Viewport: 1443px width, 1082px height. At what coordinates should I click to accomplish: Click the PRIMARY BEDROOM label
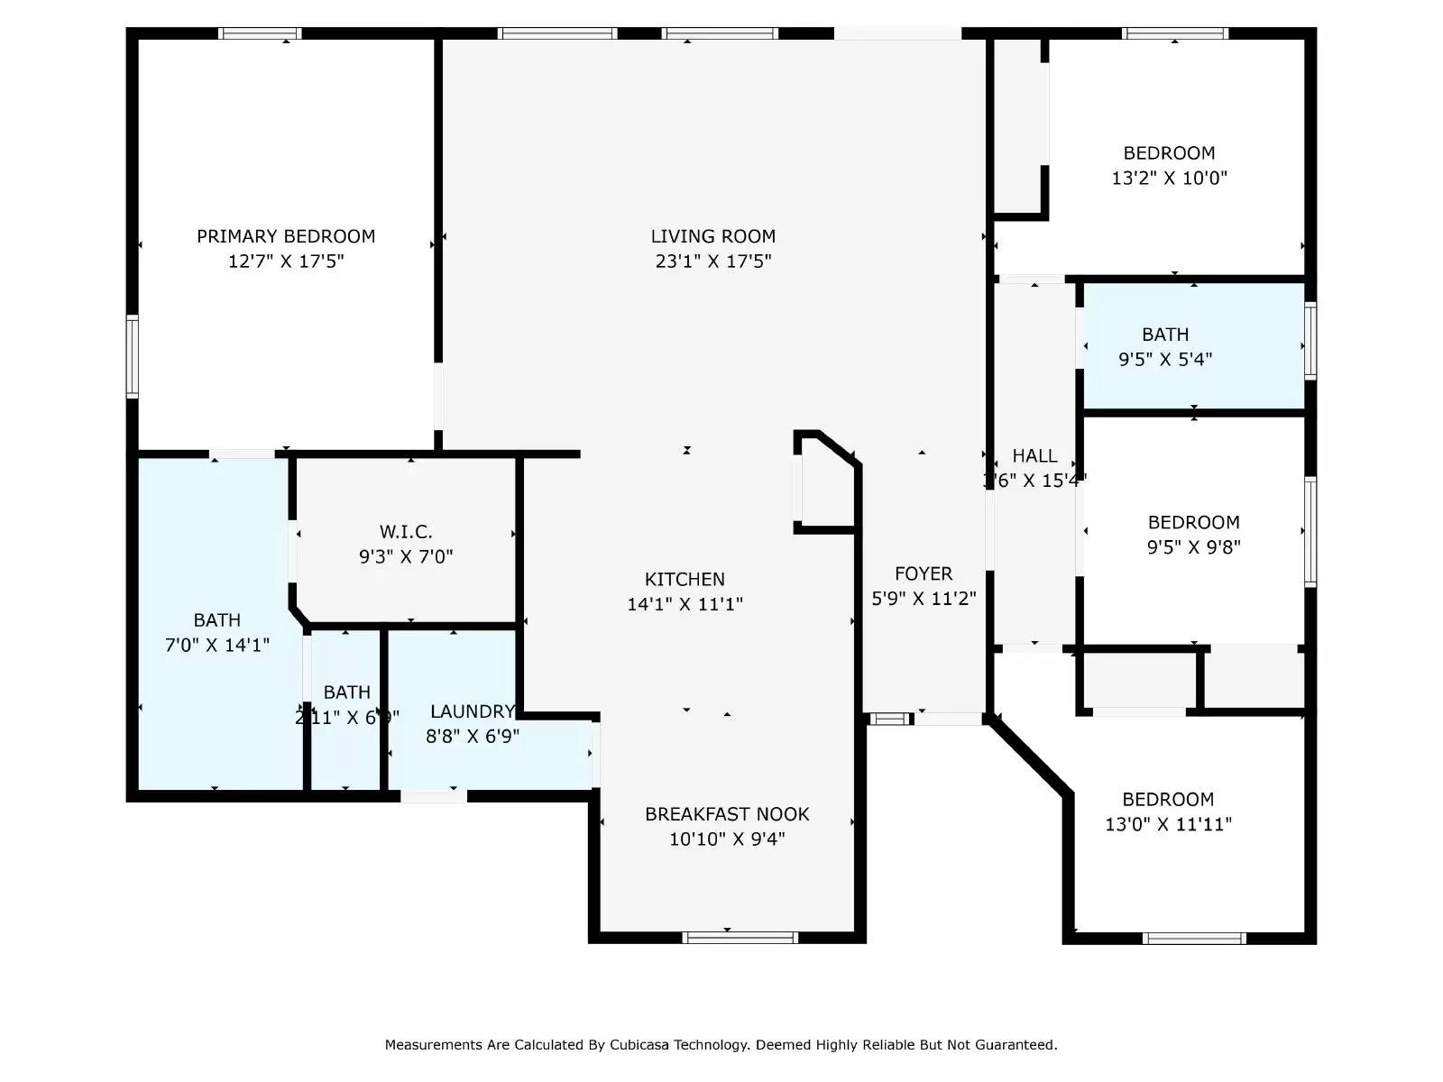point(286,236)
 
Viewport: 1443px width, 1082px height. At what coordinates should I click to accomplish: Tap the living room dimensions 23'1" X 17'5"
point(712,261)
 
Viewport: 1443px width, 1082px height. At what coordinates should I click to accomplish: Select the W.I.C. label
point(406,532)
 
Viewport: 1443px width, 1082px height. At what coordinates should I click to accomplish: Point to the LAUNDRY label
point(472,711)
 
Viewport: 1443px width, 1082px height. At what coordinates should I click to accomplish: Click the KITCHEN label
point(685,580)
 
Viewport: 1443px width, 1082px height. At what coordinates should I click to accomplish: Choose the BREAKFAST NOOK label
point(727,814)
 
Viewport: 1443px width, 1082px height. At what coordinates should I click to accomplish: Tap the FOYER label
point(924,573)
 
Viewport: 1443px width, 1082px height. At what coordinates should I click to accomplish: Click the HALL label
point(1034,455)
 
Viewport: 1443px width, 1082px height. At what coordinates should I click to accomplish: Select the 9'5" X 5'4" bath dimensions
point(1165,359)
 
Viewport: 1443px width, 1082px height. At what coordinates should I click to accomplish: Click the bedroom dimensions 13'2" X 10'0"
point(1169,178)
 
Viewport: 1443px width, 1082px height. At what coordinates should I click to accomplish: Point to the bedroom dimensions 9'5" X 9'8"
point(1193,546)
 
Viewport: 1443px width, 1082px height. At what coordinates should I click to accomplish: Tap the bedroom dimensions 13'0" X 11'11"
point(1168,824)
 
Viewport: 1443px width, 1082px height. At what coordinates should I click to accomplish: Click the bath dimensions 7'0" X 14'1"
point(217,645)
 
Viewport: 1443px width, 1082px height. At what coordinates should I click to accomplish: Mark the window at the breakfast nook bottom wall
point(740,938)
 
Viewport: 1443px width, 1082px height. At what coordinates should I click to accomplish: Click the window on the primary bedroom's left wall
point(133,356)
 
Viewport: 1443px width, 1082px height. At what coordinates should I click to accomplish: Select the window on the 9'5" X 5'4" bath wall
point(1310,340)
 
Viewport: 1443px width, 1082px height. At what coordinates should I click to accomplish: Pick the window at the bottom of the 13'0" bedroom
point(1194,939)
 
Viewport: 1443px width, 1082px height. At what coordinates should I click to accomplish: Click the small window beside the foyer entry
point(890,719)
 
